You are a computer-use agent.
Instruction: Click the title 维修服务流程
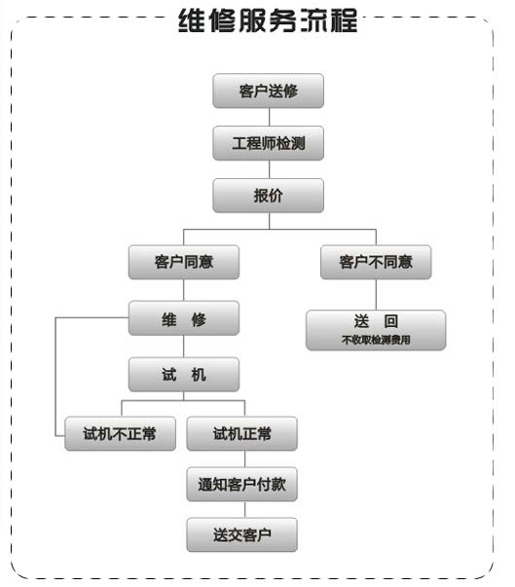pos(268,20)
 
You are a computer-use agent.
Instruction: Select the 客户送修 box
pos(269,91)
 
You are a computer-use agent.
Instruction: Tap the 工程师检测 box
pos(269,143)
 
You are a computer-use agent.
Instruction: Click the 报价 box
pos(269,196)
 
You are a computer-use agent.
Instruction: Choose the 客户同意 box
pos(184,262)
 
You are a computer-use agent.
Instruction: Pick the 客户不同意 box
pos(376,262)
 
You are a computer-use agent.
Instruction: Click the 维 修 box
pos(184,318)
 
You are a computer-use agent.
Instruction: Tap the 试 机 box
pos(184,375)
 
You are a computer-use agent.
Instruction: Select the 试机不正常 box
pos(120,433)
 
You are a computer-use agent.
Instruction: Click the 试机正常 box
pos(242,433)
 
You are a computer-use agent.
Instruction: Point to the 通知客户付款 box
pos(242,484)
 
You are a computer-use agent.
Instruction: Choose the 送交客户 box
pos(242,534)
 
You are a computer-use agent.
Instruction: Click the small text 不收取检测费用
pos(376,340)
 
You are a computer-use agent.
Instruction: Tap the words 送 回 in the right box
pos(376,321)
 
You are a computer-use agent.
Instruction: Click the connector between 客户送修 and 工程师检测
pos(269,117)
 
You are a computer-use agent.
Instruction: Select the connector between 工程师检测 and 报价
pos(269,169)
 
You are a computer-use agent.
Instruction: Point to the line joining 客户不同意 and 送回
pos(376,295)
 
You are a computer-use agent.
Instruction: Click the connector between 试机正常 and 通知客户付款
pos(245,459)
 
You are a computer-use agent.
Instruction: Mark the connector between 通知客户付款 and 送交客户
pos(245,509)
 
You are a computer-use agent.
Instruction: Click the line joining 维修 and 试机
pos(184,347)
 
